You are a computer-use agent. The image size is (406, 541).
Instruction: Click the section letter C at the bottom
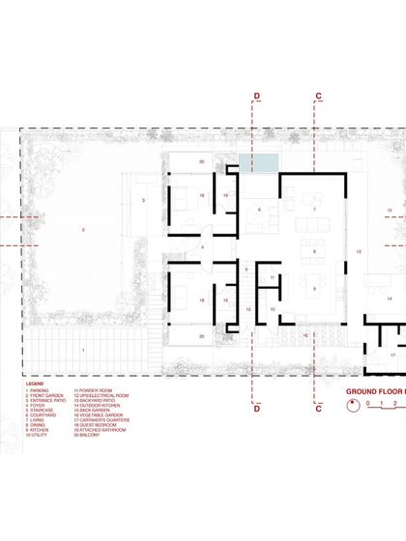click(x=318, y=409)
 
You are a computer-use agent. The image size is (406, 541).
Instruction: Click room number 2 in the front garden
click(x=83, y=229)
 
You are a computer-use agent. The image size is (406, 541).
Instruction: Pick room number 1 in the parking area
click(x=83, y=349)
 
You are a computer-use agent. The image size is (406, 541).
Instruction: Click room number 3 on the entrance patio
click(x=143, y=200)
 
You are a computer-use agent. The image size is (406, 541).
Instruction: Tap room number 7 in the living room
click(x=314, y=209)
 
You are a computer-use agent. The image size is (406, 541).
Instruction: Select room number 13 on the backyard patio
click(x=359, y=250)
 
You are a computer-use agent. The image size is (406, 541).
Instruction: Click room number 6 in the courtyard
click(x=258, y=210)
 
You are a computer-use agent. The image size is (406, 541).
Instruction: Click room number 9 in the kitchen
click(x=314, y=288)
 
